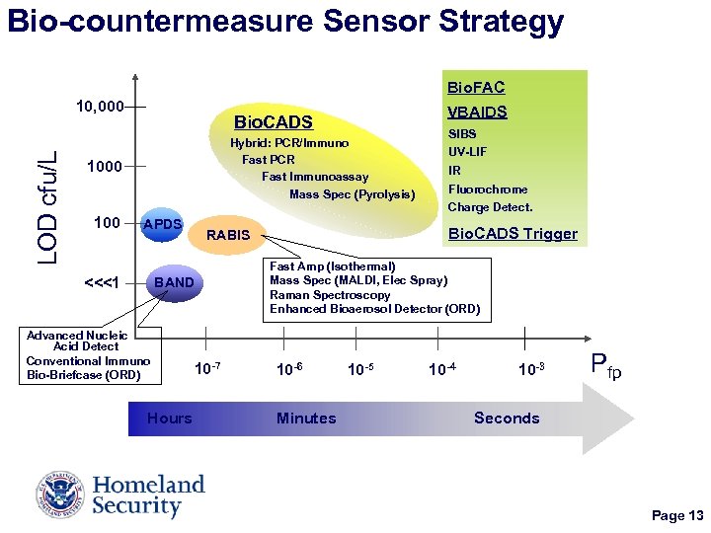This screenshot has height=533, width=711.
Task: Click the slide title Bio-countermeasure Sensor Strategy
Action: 285,22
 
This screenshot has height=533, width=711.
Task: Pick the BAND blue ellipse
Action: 175,284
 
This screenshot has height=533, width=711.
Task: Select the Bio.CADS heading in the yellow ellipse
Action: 273,123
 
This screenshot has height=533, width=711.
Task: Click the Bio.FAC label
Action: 476,88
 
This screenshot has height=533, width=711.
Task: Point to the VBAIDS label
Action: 477,112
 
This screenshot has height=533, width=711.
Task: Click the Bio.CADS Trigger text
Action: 513,234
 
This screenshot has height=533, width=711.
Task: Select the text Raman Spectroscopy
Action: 330,295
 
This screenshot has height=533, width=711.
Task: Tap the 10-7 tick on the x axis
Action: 206,369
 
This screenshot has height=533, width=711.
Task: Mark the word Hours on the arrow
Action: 170,419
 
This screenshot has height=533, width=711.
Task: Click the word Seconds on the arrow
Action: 507,419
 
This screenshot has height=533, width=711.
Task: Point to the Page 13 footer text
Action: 676,516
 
